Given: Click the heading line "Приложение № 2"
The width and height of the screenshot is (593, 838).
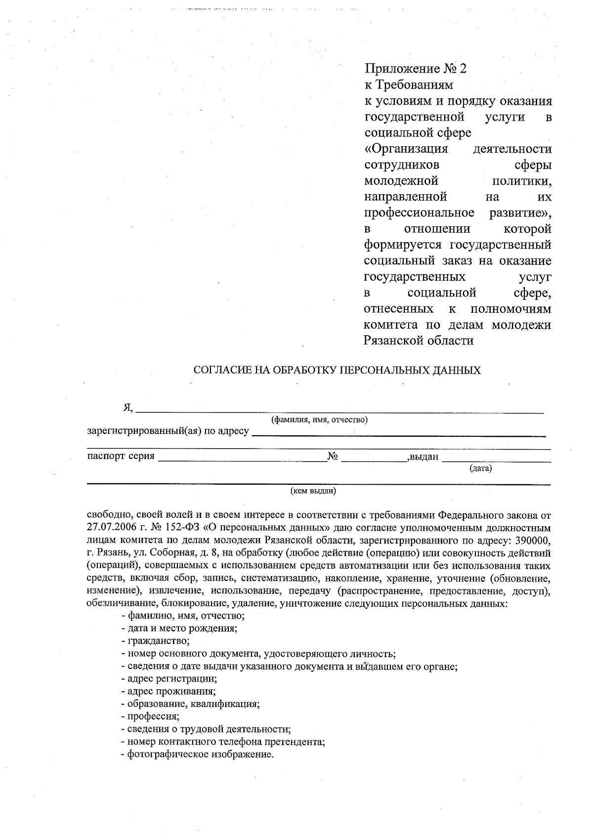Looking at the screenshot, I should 415,69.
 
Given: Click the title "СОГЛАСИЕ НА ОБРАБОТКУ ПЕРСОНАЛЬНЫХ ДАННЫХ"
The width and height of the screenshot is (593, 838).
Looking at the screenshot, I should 337,370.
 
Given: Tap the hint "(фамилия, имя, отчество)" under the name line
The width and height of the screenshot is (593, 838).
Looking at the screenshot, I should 319,420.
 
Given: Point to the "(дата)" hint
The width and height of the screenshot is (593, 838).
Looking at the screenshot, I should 480,467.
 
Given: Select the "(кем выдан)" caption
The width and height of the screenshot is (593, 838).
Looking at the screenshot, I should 313,491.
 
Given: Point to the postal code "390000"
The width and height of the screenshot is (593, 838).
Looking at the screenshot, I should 533,540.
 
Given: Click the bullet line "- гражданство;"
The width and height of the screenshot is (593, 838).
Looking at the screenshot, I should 155,641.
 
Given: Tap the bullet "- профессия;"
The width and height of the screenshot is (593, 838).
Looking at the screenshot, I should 150,716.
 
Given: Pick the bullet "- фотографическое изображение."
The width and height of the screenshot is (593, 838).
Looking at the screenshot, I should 197,754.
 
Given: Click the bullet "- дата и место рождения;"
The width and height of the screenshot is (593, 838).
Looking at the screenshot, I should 179,628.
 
